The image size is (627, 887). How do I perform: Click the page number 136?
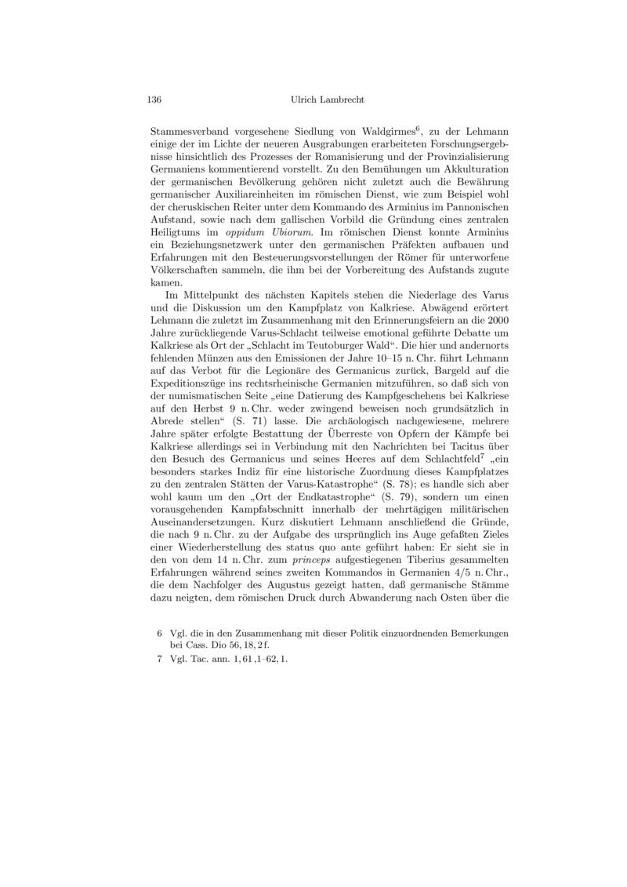click(x=154, y=100)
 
